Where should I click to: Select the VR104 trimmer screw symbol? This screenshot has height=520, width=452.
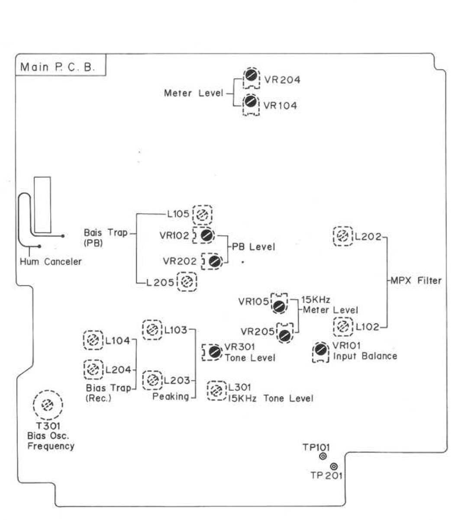pos(251,103)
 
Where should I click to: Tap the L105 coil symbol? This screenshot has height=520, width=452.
pos(202,214)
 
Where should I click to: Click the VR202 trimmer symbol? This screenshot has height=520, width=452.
pos(214,261)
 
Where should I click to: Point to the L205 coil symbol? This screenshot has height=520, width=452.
pos(187,282)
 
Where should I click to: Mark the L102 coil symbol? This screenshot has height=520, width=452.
pos(343,327)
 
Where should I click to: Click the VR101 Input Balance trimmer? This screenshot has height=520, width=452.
pos(321,349)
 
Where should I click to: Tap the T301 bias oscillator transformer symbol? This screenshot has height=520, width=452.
pos(48,405)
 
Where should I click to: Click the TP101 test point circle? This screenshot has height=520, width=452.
pos(323,457)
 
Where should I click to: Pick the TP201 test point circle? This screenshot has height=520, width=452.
pos(334,466)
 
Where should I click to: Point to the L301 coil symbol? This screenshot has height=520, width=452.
pos(216,391)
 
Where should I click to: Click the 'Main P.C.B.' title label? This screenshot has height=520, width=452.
pos(58,67)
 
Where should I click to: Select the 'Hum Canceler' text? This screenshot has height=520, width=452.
pos(51,262)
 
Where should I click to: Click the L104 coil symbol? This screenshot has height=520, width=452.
pos(93,340)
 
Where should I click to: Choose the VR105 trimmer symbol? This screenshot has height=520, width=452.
pos(279,305)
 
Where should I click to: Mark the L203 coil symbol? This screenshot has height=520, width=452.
pos(152,380)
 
